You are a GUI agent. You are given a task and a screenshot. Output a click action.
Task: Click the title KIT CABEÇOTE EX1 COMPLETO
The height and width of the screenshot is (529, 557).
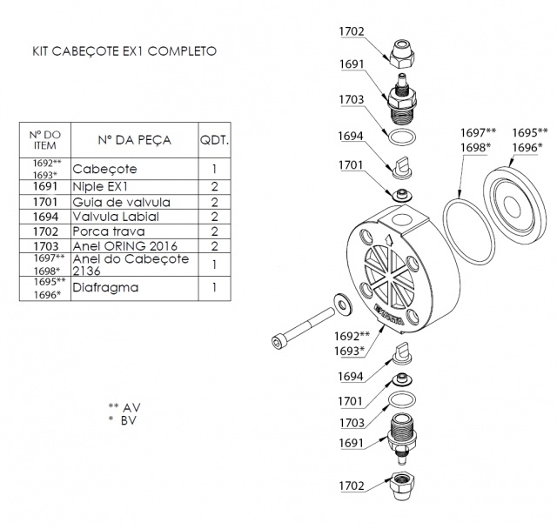(124, 51)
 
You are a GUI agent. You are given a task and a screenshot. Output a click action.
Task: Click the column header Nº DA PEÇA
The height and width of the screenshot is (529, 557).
(134, 139)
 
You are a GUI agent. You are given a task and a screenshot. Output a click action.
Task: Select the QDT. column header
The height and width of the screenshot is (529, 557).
(214, 139)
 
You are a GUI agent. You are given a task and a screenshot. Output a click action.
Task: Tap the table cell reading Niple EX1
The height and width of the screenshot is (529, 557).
(101, 186)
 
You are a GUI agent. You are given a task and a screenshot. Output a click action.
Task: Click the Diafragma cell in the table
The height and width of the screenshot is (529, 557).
(105, 287)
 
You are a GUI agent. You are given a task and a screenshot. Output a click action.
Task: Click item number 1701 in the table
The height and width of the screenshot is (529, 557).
(45, 202)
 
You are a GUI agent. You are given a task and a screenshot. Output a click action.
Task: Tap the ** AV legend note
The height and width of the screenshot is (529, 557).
(124, 406)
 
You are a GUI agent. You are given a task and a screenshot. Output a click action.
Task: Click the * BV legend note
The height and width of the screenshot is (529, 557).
(122, 420)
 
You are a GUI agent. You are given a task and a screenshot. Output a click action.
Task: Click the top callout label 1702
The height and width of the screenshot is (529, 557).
(352, 32)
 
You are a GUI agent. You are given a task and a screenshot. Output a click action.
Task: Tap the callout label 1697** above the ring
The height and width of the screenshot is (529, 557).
(478, 132)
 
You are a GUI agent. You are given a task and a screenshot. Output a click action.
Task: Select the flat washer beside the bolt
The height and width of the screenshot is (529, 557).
(341, 302)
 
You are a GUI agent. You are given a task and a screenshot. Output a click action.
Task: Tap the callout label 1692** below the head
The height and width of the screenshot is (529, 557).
(352, 336)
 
